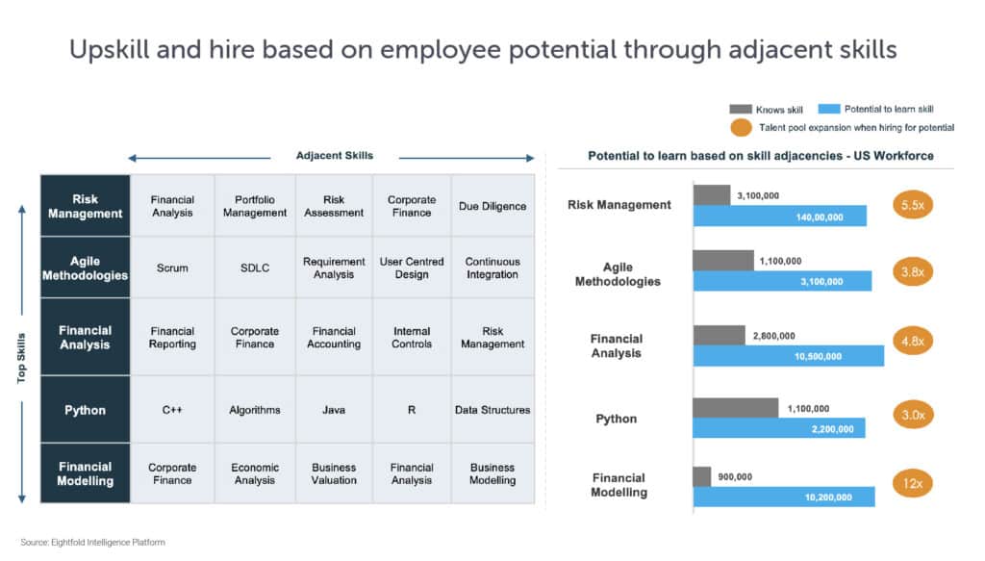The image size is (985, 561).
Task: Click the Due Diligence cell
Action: [492, 206]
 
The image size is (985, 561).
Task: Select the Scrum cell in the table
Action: [172, 268]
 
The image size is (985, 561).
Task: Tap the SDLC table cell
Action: [255, 268]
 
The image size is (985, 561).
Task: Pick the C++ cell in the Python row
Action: [172, 410]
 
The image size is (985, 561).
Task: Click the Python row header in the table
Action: [85, 410]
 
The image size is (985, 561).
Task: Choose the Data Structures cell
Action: [492, 410]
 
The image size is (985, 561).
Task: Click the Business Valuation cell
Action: [334, 473]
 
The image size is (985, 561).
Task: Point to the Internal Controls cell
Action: [412, 338]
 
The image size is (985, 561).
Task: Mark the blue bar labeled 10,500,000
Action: [788, 356]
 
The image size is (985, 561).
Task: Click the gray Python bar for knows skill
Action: [735, 408]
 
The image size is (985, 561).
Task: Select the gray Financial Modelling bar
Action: [701, 476]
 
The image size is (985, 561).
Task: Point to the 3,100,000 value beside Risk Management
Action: [758, 195]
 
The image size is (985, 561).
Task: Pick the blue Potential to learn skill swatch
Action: [829, 109]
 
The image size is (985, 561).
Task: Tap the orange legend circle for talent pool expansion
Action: [741, 127]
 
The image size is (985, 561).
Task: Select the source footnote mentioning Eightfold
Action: [92, 543]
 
